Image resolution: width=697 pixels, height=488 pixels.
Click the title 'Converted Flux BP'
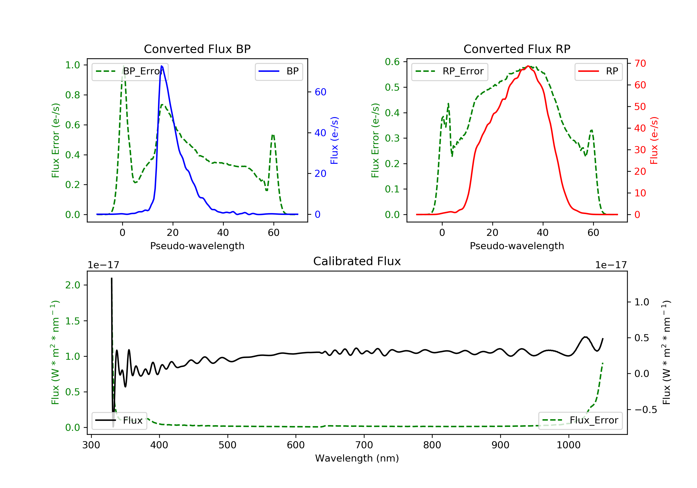pos(197,49)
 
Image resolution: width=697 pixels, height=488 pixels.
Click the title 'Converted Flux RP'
pos(517,49)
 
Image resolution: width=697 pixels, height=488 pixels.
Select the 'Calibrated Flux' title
pos(357,261)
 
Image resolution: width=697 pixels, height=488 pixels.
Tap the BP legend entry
pos(279,71)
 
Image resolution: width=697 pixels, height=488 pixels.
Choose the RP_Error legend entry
pos(450,72)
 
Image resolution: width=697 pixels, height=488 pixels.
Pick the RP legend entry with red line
pos(598,71)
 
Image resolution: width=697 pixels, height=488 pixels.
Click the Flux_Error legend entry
pos(580,420)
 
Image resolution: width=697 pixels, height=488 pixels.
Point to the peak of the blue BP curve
pos(161,66)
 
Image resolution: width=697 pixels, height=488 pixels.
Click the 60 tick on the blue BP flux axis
pos(320,92)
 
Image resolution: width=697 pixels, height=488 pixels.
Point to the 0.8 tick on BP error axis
pos(72,95)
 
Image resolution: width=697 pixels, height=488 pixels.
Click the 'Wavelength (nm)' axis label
pos(357,458)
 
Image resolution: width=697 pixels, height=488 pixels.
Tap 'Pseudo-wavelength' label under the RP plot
pos(517,246)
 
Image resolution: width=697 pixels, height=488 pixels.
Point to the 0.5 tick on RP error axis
pos(392,87)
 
